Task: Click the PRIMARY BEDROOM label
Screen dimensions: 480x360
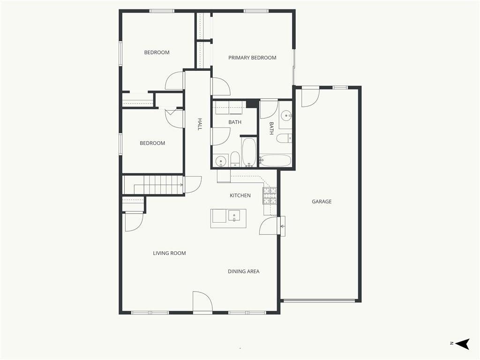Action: coord(252,58)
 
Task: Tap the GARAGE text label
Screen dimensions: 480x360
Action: coord(322,202)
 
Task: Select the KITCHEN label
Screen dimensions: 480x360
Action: coord(240,195)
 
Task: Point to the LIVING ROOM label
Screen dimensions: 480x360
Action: coord(169,253)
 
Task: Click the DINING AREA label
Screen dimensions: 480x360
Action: coord(243,271)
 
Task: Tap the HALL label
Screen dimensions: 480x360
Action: coord(200,124)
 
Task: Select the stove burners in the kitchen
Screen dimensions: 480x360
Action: coord(270,195)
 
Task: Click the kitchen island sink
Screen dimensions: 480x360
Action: coord(234,216)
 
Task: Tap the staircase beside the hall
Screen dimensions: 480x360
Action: coord(153,185)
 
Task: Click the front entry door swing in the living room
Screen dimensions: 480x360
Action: coord(202,302)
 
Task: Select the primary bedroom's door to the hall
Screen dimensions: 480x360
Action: coord(221,87)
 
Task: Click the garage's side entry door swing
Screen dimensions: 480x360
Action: coord(310,97)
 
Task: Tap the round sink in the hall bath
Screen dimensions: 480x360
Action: coord(220,161)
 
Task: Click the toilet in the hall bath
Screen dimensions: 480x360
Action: coord(235,159)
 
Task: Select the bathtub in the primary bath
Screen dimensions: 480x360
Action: coord(276,160)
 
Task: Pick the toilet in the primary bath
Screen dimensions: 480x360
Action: coord(284,138)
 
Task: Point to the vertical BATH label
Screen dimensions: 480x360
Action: coord(271,128)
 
